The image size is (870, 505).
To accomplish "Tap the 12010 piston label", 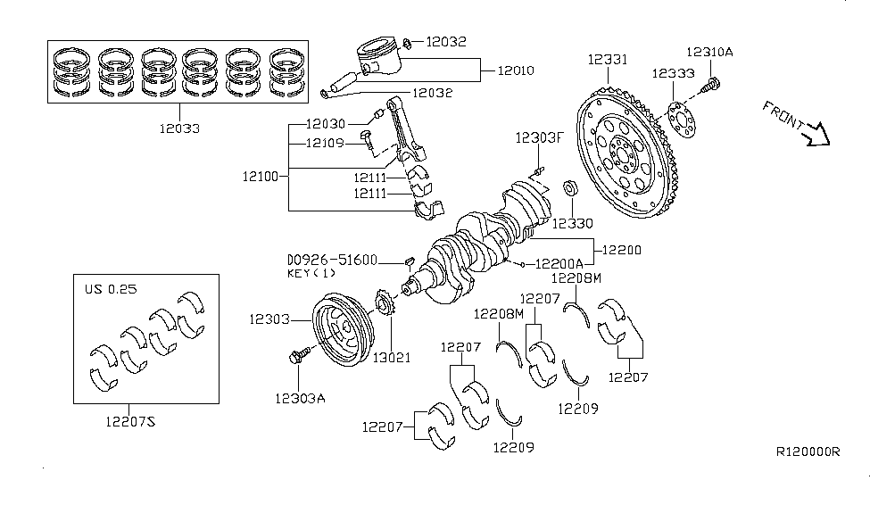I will pos(516,70).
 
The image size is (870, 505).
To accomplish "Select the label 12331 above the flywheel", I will pos(608,60).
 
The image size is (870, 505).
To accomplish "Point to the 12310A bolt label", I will pos(709,53).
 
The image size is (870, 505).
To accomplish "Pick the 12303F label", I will pos(539,137).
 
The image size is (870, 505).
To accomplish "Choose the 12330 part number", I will pos(571,223).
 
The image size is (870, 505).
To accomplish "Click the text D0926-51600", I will pos(332,260).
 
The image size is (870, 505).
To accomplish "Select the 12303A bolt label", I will pos(299,398).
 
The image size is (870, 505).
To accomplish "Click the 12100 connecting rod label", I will pos(259,177).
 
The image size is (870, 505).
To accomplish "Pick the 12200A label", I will pos(560,264).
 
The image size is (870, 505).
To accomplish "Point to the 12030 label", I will pos(328,124).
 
